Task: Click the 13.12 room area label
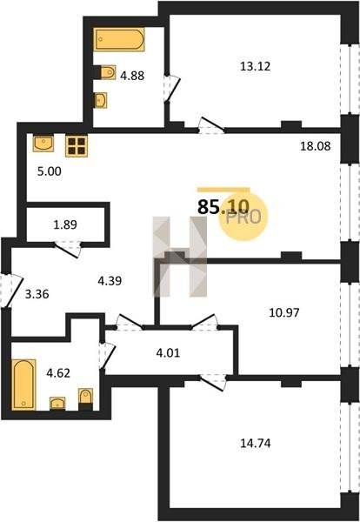click(x=255, y=66)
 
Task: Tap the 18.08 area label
click(x=316, y=146)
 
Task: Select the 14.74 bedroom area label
click(x=255, y=443)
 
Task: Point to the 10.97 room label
click(x=284, y=312)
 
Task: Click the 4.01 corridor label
click(x=168, y=352)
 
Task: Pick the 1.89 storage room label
click(x=65, y=224)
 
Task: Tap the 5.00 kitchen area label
click(x=50, y=171)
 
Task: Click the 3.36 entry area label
click(x=37, y=294)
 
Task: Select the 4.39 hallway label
click(x=110, y=281)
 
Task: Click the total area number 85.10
click(x=223, y=207)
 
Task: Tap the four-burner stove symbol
click(x=77, y=146)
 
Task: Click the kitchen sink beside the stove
click(x=43, y=144)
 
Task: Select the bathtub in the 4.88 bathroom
click(x=119, y=40)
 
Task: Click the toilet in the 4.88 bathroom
click(x=105, y=72)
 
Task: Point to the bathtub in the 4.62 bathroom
click(x=23, y=385)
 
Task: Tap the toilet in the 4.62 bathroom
click(x=85, y=398)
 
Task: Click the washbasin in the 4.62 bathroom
click(x=57, y=404)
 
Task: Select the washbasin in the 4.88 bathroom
click(x=101, y=100)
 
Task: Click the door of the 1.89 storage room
click(x=68, y=249)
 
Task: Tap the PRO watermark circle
click(x=243, y=217)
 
